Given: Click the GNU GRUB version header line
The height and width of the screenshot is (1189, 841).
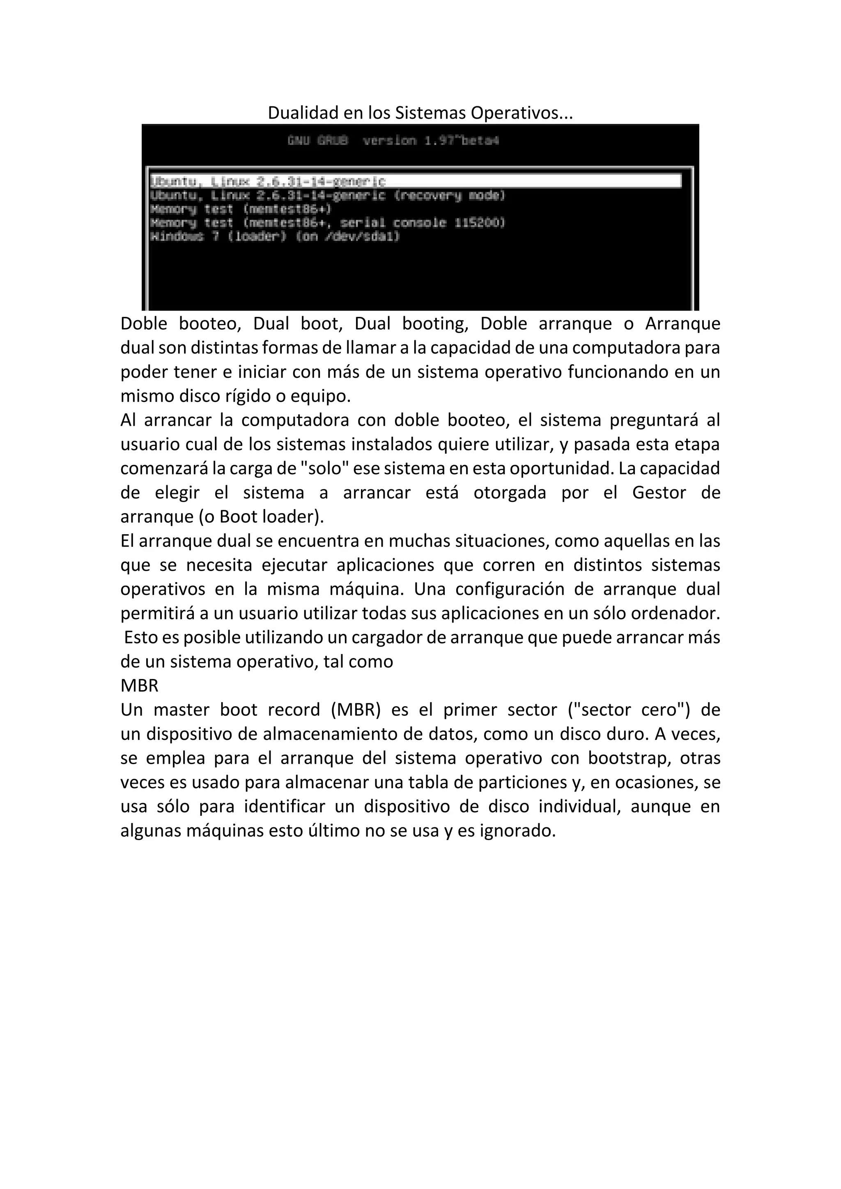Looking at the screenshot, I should pyautogui.click(x=393, y=140).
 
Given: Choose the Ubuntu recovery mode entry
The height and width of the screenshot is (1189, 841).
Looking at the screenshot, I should pyautogui.click(x=327, y=195).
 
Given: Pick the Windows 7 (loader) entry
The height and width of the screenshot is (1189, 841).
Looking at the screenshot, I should pyautogui.click(x=274, y=236).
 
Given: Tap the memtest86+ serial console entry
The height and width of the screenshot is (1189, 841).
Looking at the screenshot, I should pyautogui.click(x=327, y=223).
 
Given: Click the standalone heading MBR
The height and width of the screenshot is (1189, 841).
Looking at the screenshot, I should pyautogui.click(x=139, y=686).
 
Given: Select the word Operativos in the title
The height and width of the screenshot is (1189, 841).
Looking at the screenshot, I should pyautogui.click(x=522, y=113).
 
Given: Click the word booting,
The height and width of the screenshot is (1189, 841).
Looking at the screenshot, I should pyautogui.click(x=435, y=324).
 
